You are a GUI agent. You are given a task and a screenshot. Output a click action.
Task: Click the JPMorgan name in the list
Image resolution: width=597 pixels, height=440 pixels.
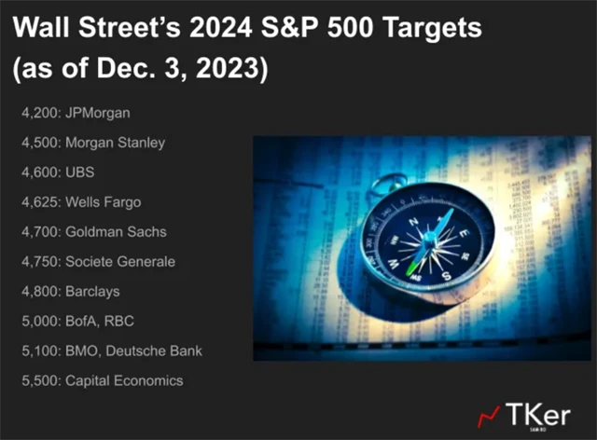pyautogui.click(x=97, y=114)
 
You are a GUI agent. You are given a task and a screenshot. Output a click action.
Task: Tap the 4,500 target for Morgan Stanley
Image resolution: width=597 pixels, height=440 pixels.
pyautogui.click(x=38, y=144)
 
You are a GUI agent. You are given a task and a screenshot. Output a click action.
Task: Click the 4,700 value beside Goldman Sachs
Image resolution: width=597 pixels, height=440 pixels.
pyautogui.click(x=38, y=232)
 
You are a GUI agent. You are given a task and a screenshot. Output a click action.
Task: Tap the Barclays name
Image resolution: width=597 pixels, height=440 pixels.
pyautogui.click(x=92, y=292)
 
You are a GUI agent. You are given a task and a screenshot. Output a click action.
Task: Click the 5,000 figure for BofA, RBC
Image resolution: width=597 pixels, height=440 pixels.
pyautogui.click(x=38, y=322)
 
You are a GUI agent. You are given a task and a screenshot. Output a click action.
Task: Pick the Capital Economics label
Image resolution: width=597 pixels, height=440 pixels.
pyautogui.click(x=124, y=380)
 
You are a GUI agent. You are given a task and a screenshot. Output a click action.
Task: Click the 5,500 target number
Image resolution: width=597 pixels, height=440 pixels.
pyautogui.click(x=38, y=380)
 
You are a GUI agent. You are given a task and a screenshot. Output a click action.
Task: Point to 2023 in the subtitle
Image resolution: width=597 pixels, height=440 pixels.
pyautogui.click(x=235, y=69)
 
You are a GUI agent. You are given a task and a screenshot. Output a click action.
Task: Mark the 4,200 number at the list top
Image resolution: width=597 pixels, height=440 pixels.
pyautogui.click(x=38, y=114)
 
